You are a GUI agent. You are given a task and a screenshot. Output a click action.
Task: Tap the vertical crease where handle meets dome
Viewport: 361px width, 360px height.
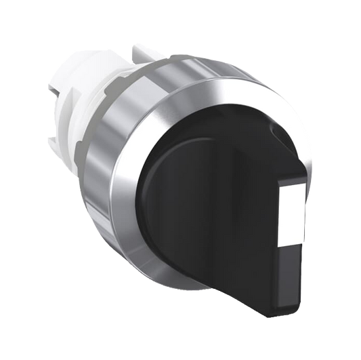[234, 203]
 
